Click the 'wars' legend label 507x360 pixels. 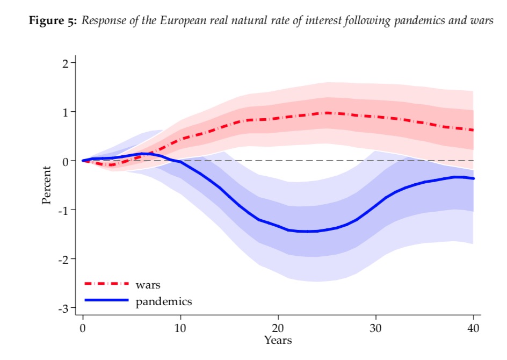pyautogui.click(x=148, y=285)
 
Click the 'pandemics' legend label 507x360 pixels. pyautogui.click(x=163, y=301)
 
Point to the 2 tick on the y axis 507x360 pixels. pyautogui.click(x=65, y=63)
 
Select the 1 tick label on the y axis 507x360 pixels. pyautogui.click(x=65, y=112)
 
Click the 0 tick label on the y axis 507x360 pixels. pyautogui.click(x=65, y=161)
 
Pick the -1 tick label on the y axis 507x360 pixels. pyautogui.click(x=63, y=210)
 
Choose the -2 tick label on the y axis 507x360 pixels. pyautogui.click(x=63, y=259)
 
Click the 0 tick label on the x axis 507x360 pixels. pyautogui.click(x=83, y=327)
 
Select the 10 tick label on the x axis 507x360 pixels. pyautogui.click(x=180, y=327)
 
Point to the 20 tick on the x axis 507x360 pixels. pyautogui.click(x=278, y=327)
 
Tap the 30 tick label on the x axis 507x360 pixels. pyautogui.click(x=375, y=327)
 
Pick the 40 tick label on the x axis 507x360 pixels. pyautogui.click(x=473, y=327)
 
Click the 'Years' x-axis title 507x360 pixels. pyautogui.click(x=278, y=340)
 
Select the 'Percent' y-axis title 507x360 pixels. pyautogui.click(x=47, y=185)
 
